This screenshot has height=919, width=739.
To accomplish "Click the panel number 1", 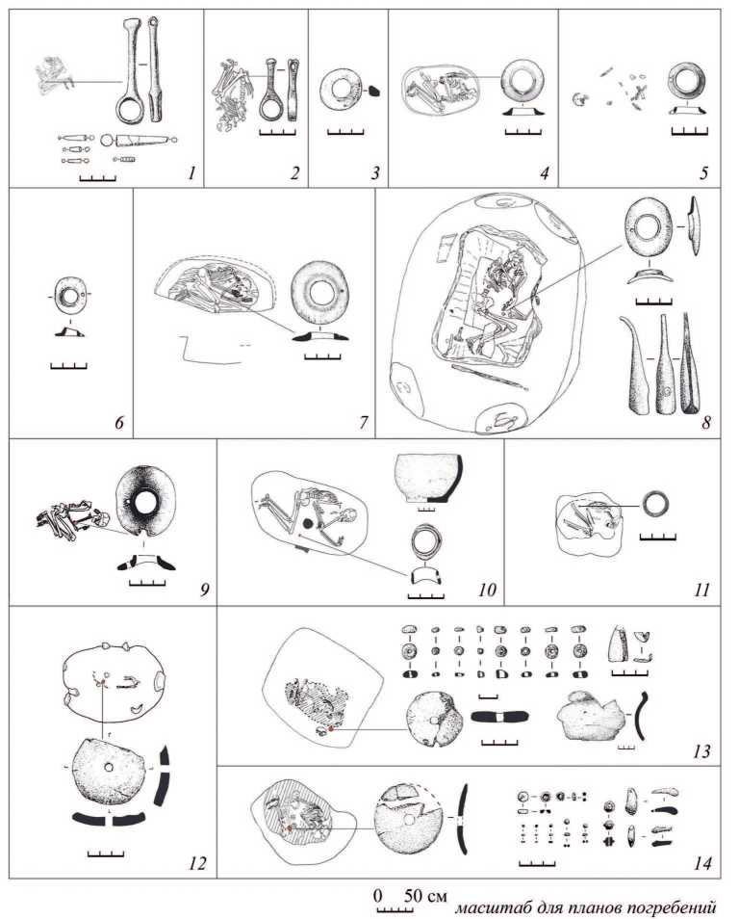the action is (191, 172).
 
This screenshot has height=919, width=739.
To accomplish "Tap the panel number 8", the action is (706, 422).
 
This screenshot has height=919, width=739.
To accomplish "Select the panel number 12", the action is (197, 863).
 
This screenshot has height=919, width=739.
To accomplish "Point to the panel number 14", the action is (701, 863).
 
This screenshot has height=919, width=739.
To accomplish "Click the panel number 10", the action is (487, 589).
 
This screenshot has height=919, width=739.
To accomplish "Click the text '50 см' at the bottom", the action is (425, 896).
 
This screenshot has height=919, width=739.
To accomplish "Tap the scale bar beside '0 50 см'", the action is (395, 910).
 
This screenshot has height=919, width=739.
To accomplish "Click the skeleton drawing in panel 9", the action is (72, 518).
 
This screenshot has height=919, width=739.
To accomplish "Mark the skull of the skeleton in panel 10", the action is (349, 517).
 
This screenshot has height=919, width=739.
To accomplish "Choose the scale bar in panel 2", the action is (277, 133).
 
